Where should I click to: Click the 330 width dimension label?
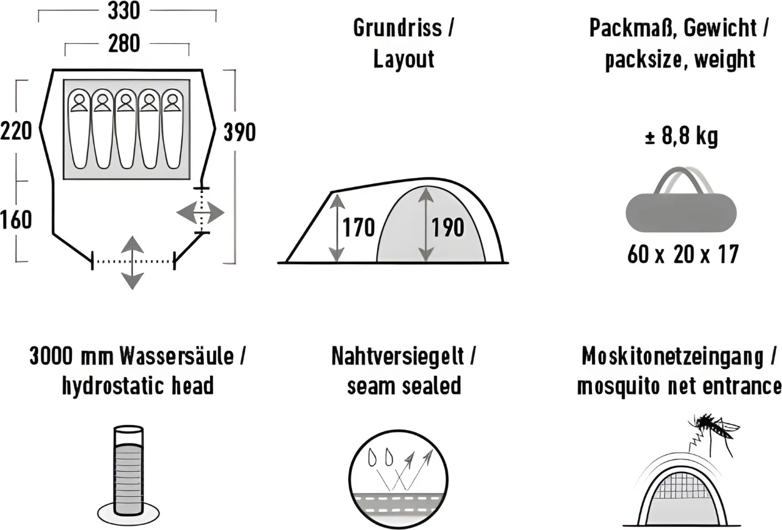tap(124, 11)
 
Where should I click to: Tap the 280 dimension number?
tap(124, 44)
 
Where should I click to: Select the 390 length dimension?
tap(239, 132)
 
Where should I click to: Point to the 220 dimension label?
tap(16, 132)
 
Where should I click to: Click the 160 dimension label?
tap(16, 220)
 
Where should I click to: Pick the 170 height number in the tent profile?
tap(358, 228)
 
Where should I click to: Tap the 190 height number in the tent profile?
tap(448, 228)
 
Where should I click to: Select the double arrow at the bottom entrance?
tap(132, 262)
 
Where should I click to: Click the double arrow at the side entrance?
tap(200, 213)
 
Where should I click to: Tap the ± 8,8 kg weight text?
tap(681, 136)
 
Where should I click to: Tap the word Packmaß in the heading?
tap(632, 28)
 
